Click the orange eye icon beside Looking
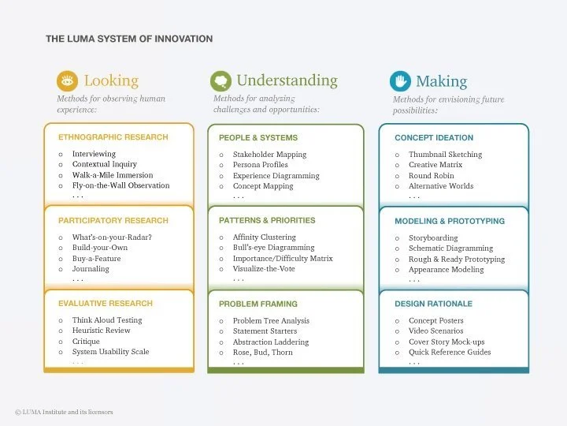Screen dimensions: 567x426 tap(67, 81)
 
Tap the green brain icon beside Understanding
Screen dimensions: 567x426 tap(220, 80)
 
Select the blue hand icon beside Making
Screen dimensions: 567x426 tap(400, 81)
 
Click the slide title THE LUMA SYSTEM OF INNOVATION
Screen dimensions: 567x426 tap(129, 39)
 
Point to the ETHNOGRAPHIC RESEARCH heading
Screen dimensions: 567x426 tap(113, 137)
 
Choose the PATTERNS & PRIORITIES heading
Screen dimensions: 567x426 tap(267, 221)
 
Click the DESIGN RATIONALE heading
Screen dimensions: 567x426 tap(434, 304)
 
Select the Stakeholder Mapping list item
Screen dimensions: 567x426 tap(269, 155)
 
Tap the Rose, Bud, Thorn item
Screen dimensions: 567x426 tap(262, 353)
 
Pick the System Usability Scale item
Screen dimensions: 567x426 tap(110, 352)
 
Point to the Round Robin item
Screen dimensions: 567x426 tap(431, 176)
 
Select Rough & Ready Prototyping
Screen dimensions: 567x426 tap(457, 260)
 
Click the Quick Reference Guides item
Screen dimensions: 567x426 tap(450, 353)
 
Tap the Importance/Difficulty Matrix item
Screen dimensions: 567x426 tap(283, 259)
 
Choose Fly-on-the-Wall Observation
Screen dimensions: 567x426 tap(120, 186)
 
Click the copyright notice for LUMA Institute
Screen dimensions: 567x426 tap(64, 412)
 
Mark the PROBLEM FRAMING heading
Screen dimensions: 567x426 tap(258, 304)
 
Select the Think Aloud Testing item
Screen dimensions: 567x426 tap(107, 320)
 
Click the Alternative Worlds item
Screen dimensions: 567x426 tap(441, 186)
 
